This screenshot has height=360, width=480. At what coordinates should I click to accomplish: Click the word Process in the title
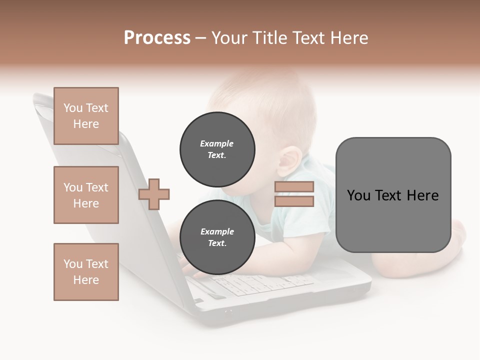point(157,38)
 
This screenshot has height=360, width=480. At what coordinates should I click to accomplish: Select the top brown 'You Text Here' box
point(86,116)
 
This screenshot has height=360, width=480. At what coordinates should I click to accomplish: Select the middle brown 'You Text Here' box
point(86,195)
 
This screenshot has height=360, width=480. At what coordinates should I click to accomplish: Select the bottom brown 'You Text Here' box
point(86,272)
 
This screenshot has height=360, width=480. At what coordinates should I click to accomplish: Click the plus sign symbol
point(154,194)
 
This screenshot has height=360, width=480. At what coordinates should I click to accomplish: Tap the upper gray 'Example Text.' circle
point(217,149)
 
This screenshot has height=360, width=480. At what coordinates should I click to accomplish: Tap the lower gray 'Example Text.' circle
point(217,237)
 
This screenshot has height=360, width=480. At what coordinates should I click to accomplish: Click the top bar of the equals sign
point(294,187)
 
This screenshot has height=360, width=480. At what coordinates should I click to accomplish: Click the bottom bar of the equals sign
point(294,201)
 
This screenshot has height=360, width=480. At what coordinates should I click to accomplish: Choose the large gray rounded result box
point(393,195)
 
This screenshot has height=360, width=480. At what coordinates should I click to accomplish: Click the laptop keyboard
point(260,285)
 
